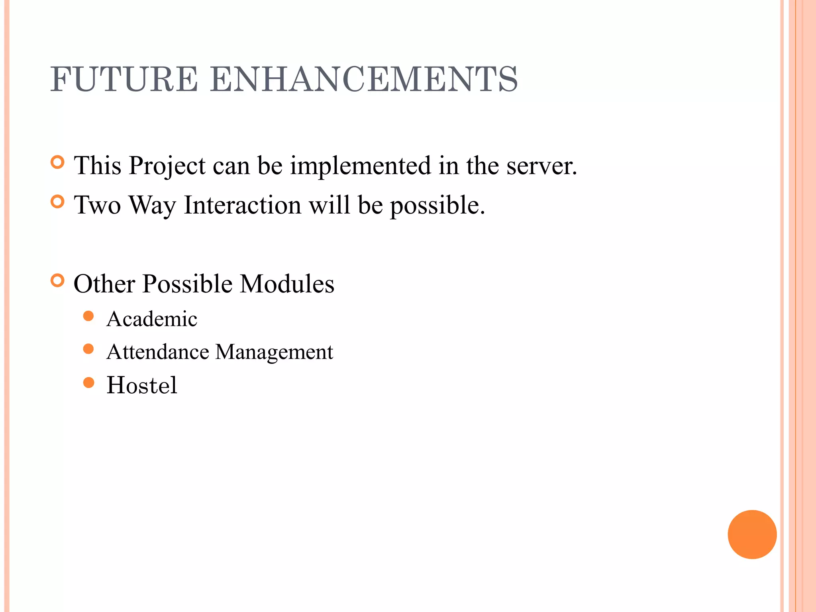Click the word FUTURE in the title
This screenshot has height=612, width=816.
[x=124, y=79]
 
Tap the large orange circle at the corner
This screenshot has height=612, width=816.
[x=752, y=534]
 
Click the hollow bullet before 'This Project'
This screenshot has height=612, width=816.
[x=58, y=163]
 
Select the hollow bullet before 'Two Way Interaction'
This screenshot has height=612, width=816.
[x=58, y=202]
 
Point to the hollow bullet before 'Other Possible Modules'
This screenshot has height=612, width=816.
[x=58, y=281]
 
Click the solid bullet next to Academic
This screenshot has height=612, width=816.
[x=88, y=316]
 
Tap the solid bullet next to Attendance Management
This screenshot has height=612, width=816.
[x=88, y=349]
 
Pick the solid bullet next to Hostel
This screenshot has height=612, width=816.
[x=88, y=383]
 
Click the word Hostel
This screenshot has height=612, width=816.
[x=141, y=385]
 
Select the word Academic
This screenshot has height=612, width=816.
[x=152, y=319]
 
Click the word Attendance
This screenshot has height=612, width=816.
[x=158, y=352]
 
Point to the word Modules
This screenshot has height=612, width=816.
[x=287, y=284]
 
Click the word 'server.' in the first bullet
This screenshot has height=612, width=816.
[x=541, y=166]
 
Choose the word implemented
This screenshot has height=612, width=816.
[x=360, y=166]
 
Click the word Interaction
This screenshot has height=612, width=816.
[x=242, y=206]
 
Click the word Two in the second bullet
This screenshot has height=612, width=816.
[x=98, y=206]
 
